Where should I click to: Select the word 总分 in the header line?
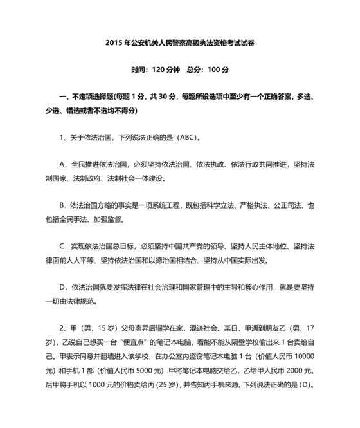pos(195,70)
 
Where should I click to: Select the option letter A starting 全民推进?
pos(62,164)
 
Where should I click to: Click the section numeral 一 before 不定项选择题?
pos(62,97)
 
